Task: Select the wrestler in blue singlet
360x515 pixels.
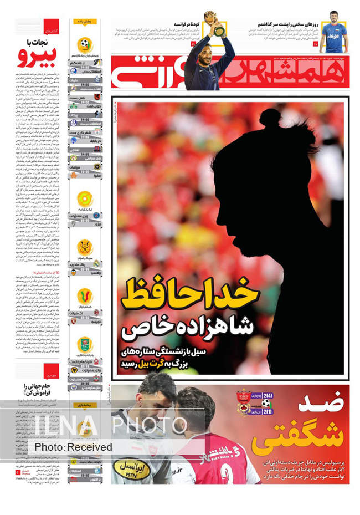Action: [333, 32]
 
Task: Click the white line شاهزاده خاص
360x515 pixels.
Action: [188, 327]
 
